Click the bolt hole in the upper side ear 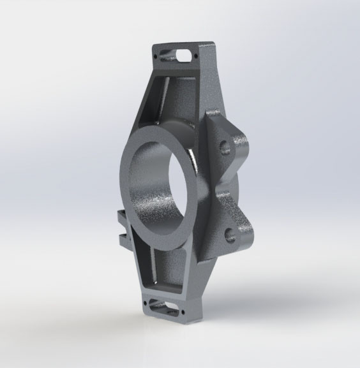click(x=225, y=148)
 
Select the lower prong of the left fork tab click(x=121, y=240)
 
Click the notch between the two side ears click(x=220, y=191)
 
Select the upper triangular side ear click(x=227, y=140)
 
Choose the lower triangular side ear click(x=230, y=230)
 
